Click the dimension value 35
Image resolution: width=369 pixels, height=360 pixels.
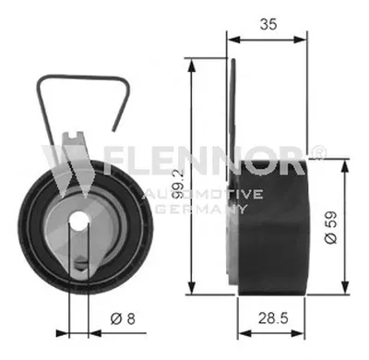[x=268, y=24]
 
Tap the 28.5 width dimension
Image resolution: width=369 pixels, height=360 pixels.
[x=273, y=318]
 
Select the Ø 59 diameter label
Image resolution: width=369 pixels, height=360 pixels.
[x=331, y=227]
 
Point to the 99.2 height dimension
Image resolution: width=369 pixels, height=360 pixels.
[x=177, y=185]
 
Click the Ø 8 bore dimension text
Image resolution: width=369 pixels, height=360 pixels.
[x=123, y=318]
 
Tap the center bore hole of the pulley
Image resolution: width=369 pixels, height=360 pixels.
[x=78, y=222]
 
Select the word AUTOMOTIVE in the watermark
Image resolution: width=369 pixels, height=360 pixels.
[x=204, y=194]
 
